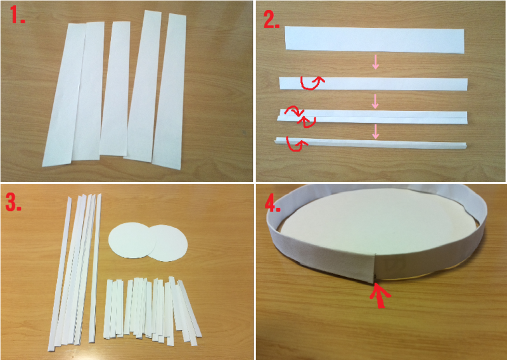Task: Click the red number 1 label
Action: [17, 15]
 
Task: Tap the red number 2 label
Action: [272, 20]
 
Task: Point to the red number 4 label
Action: [273, 204]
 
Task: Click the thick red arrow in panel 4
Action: [380, 295]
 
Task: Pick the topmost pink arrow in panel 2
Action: [375, 62]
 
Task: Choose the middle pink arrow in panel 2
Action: [375, 101]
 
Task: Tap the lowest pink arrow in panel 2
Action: [375, 131]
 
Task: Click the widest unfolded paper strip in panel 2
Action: [375, 40]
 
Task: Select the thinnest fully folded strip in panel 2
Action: [371, 143]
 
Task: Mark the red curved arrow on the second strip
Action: [311, 82]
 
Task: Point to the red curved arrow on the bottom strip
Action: [297, 145]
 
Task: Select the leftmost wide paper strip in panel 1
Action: [64, 96]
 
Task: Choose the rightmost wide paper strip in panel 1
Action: [169, 91]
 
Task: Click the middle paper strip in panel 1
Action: [115, 89]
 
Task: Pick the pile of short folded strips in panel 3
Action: [152, 311]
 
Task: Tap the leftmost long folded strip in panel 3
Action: [60, 274]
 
